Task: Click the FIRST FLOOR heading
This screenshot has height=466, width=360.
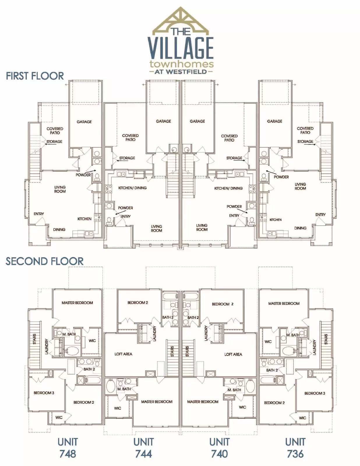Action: point(35,76)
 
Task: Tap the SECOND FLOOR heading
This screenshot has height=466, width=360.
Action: point(45,261)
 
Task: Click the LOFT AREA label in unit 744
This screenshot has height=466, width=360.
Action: point(123,354)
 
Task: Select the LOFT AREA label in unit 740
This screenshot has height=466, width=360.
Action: point(233,354)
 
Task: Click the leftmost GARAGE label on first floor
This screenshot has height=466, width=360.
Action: point(84,122)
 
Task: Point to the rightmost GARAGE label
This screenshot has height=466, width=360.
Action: point(275,121)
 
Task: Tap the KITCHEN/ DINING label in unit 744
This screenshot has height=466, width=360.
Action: point(133,188)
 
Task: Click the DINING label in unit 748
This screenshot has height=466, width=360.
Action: point(59,230)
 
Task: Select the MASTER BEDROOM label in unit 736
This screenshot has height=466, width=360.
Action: point(284,303)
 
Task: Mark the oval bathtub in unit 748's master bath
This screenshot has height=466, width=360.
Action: point(72,351)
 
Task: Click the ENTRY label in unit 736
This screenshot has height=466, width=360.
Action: point(320,215)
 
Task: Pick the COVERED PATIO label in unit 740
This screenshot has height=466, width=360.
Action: point(229,138)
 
